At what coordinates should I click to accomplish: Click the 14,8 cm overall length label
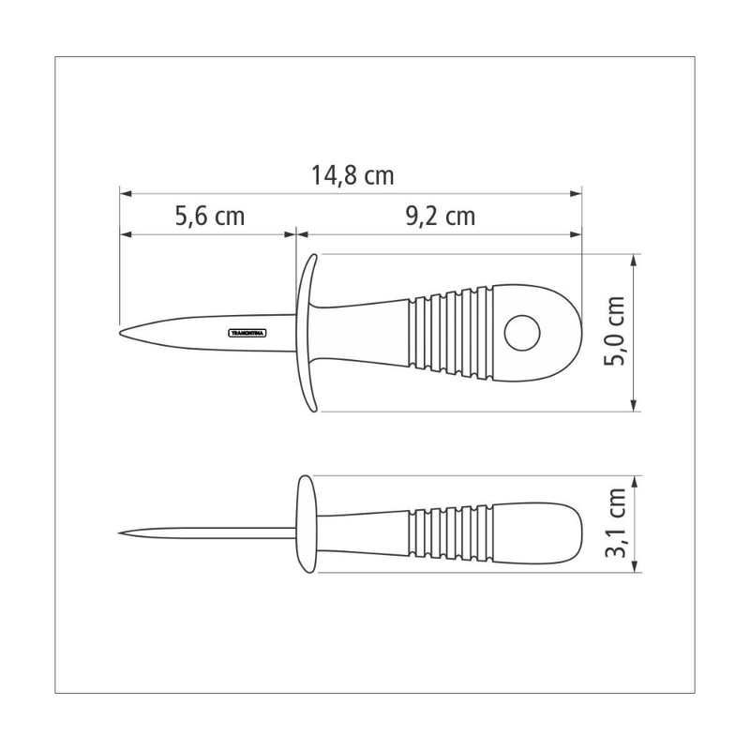tap(352, 175)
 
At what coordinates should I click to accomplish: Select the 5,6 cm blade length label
tap(209, 217)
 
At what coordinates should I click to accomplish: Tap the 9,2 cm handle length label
tap(440, 217)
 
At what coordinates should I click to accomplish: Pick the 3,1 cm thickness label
tap(616, 524)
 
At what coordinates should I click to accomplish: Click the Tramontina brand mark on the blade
tap(248, 331)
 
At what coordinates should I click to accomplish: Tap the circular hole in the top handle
tap(522, 331)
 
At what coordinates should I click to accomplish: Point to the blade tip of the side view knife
tap(124, 534)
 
